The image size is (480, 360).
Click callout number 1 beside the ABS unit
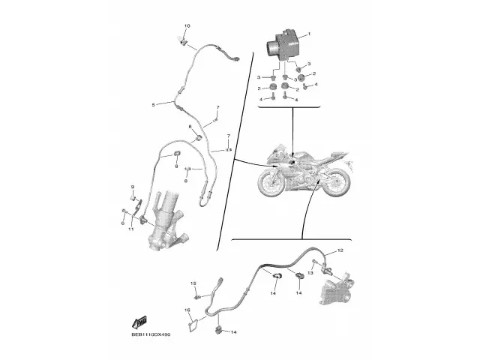pos(310,34)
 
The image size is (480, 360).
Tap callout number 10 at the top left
pos(187,26)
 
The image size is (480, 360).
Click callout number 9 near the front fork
pos(132,187)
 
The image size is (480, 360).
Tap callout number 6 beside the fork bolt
pos(121,223)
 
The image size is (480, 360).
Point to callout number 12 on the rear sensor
pos(339,250)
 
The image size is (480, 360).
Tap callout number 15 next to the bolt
pos(193,283)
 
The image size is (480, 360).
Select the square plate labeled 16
pos(194,325)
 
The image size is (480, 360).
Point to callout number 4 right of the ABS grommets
pos(316,84)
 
